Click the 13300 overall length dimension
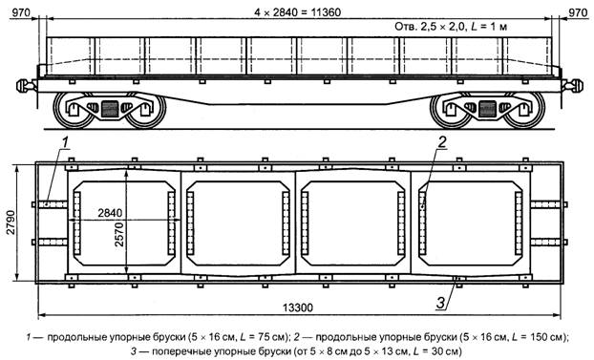[x=298, y=307]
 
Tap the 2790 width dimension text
[x=11, y=222]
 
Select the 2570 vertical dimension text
[x=119, y=235]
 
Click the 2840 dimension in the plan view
[x=110, y=213]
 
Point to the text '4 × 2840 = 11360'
[x=297, y=12]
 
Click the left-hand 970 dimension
[x=20, y=12]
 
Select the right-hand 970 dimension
[x=578, y=12]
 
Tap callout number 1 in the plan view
[x=65, y=142]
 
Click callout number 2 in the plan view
[x=442, y=142]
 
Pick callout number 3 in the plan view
[x=440, y=303]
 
